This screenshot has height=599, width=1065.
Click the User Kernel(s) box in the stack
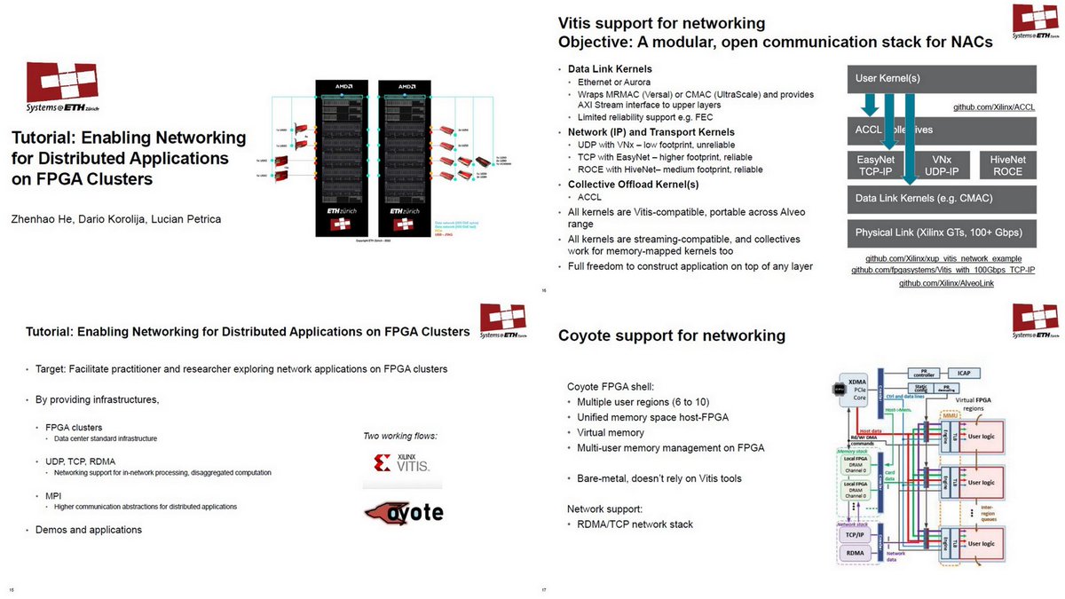tap(942, 79)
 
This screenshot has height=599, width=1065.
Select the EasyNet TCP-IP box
tap(874, 164)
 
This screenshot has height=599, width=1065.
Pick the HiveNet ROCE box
tap(1006, 164)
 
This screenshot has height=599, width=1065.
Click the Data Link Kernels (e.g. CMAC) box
tap(942, 198)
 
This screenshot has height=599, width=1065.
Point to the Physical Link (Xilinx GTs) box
tap(942, 233)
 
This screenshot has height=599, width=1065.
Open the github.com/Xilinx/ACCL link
tap(994, 106)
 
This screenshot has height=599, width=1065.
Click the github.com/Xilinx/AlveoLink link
tap(946, 282)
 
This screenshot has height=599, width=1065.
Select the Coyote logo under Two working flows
tap(404, 513)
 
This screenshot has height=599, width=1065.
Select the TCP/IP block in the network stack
tap(856, 535)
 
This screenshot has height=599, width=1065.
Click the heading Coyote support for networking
tap(671, 335)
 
